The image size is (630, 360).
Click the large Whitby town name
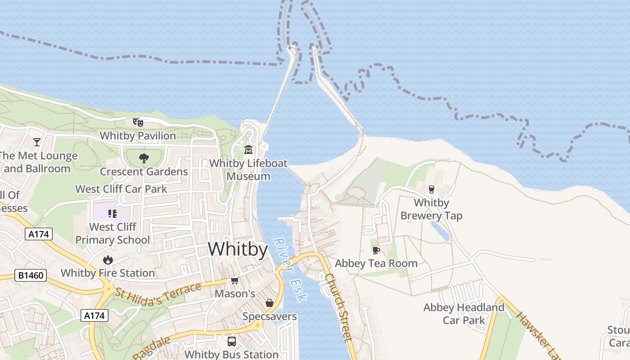click(238, 249)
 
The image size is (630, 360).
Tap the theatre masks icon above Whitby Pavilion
click(138, 122)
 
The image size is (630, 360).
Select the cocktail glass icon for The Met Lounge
click(37, 142)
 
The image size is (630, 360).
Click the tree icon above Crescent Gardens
click(144, 158)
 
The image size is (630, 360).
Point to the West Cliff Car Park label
click(121, 189)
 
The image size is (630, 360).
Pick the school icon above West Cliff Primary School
click(112, 213)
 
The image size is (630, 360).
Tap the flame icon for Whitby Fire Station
click(108, 260)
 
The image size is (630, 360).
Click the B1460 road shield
click(31, 275)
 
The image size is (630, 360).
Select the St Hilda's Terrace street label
click(158, 293)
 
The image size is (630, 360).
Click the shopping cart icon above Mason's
click(234, 281)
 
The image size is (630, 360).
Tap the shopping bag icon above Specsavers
click(270, 303)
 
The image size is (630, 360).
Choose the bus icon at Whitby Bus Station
click(232, 341)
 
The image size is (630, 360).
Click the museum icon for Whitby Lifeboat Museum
click(248, 149)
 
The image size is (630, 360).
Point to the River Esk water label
click(290, 269)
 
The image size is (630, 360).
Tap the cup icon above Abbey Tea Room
click(376, 250)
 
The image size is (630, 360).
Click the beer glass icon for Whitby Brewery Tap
click(432, 189)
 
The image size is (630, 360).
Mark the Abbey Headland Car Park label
click(464, 314)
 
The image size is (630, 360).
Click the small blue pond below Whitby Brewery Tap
click(440, 230)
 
